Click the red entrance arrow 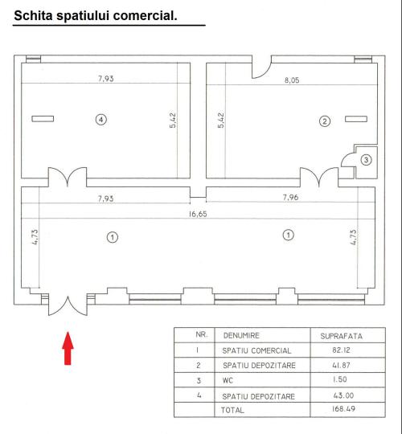[x=68, y=348]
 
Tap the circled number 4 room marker [x=101, y=120]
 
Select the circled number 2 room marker [x=325, y=121]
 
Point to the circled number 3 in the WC [x=367, y=160]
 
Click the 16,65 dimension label [x=198, y=214]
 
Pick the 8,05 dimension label [x=292, y=80]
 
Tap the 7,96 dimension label [x=290, y=198]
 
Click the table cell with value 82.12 [x=341, y=350]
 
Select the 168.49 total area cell [x=343, y=408]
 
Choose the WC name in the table [x=228, y=381]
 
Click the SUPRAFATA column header [x=342, y=336]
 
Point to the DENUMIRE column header [x=241, y=335]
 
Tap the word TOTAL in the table [x=232, y=410]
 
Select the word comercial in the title [x=145, y=15]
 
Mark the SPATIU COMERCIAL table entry [x=256, y=350]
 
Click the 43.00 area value [x=343, y=395]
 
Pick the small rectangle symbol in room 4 [x=43, y=119]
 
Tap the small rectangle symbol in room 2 [x=356, y=119]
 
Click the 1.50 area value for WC [x=340, y=379]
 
